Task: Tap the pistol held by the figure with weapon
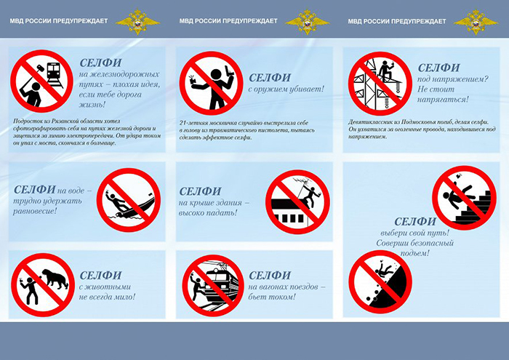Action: [x=229, y=71]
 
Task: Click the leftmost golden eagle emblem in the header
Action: [x=137, y=21]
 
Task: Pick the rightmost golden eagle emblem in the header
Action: [x=476, y=22]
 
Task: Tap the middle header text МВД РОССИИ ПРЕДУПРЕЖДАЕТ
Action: [x=228, y=21]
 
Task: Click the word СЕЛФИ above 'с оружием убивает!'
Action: [x=270, y=78]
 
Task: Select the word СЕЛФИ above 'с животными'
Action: [x=100, y=276]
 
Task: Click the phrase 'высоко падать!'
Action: [x=208, y=213]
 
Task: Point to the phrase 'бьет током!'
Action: [x=272, y=297]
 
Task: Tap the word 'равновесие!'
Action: [x=35, y=211]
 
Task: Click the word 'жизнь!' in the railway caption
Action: [x=92, y=105]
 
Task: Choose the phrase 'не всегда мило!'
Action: [x=107, y=297]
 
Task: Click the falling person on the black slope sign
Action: [x=384, y=269]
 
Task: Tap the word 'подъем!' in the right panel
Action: [x=415, y=253]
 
